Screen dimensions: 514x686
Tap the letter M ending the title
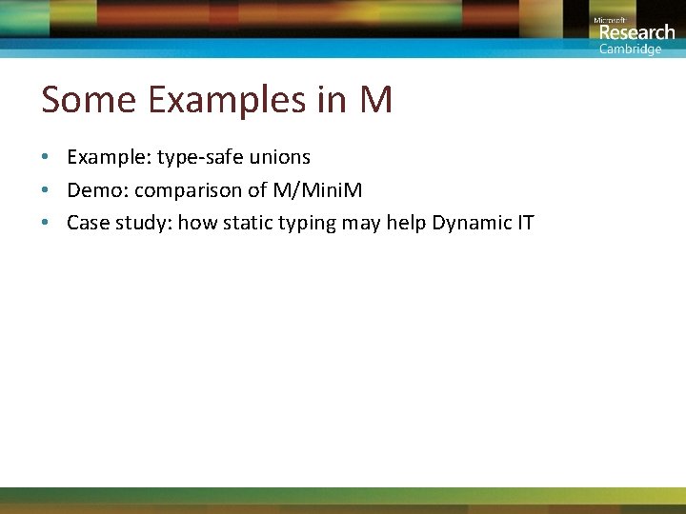coord(375,100)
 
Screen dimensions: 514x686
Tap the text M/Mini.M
coord(317,190)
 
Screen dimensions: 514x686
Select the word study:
coord(141,224)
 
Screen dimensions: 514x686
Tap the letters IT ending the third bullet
coord(525,224)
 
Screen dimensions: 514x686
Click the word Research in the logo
coord(636,32)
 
